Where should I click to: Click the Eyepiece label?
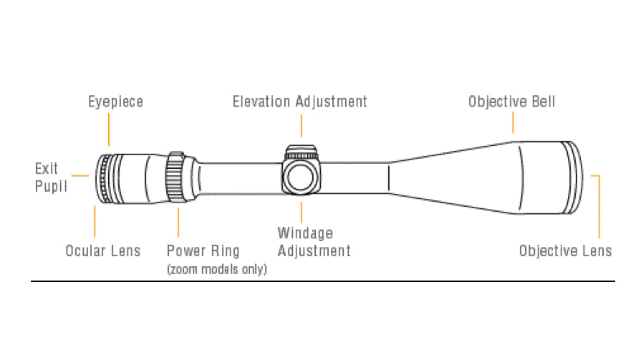tap(115, 102)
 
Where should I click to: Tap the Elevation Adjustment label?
tap(299, 102)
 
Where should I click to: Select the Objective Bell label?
tap(511, 102)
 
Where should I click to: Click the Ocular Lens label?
tap(102, 250)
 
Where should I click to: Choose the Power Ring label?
tap(203, 250)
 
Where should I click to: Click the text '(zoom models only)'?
tap(216, 270)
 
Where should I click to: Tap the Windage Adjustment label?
tap(314, 242)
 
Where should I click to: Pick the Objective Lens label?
tap(565, 250)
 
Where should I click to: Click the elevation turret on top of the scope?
tap(300, 152)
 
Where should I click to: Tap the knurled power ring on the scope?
tap(174, 179)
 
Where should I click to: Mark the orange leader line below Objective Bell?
tap(513, 122)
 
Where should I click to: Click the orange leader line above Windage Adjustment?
tap(301, 211)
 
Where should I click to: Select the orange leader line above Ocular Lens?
tap(94, 221)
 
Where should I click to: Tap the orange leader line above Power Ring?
tap(176, 224)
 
